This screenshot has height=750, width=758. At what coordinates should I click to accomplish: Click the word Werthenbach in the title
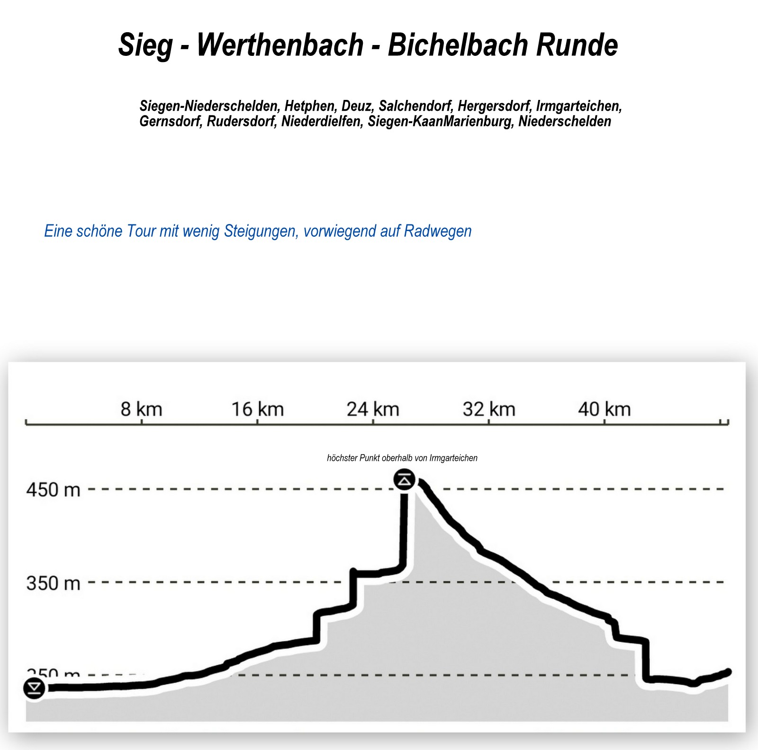pyautogui.click(x=280, y=45)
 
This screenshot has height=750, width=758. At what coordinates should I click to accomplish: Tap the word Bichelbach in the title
pyautogui.click(x=457, y=45)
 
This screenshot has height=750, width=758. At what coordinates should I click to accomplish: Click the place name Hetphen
pyautogui.click(x=309, y=106)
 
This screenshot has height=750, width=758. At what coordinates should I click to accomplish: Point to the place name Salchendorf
pyautogui.click(x=415, y=106)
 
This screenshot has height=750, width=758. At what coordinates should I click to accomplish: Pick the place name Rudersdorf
pyautogui.click(x=241, y=122)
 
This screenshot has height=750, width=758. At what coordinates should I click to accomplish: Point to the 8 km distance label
pyautogui.click(x=141, y=409)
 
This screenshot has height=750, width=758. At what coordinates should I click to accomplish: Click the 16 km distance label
pyautogui.click(x=257, y=409)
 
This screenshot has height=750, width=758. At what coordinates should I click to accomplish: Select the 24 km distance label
pyautogui.click(x=373, y=409)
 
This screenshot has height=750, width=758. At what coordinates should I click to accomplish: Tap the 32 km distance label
pyautogui.click(x=489, y=409)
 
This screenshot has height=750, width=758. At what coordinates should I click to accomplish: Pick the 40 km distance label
pyautogui.click(x=605, y=409)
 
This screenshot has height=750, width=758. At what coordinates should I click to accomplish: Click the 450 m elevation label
pyautogui.click(x=53, y=490)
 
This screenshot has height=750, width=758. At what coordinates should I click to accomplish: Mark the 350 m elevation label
pyautogui.click(x=53, y=583)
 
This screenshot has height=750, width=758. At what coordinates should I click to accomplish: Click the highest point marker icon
pyautogui.click(x=404, y=480)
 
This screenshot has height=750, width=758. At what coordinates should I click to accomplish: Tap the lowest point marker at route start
pyautogui.click(x=34, y=688)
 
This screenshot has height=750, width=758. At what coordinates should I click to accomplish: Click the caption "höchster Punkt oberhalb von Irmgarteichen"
pyautogui.click(x=402, y=458)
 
